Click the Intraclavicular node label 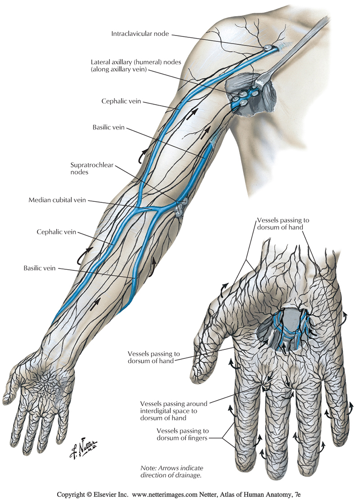pos(140,34)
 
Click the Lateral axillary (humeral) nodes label pos(136,66)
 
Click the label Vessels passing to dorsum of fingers pos(183,434)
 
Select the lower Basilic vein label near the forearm pos(40,268)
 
